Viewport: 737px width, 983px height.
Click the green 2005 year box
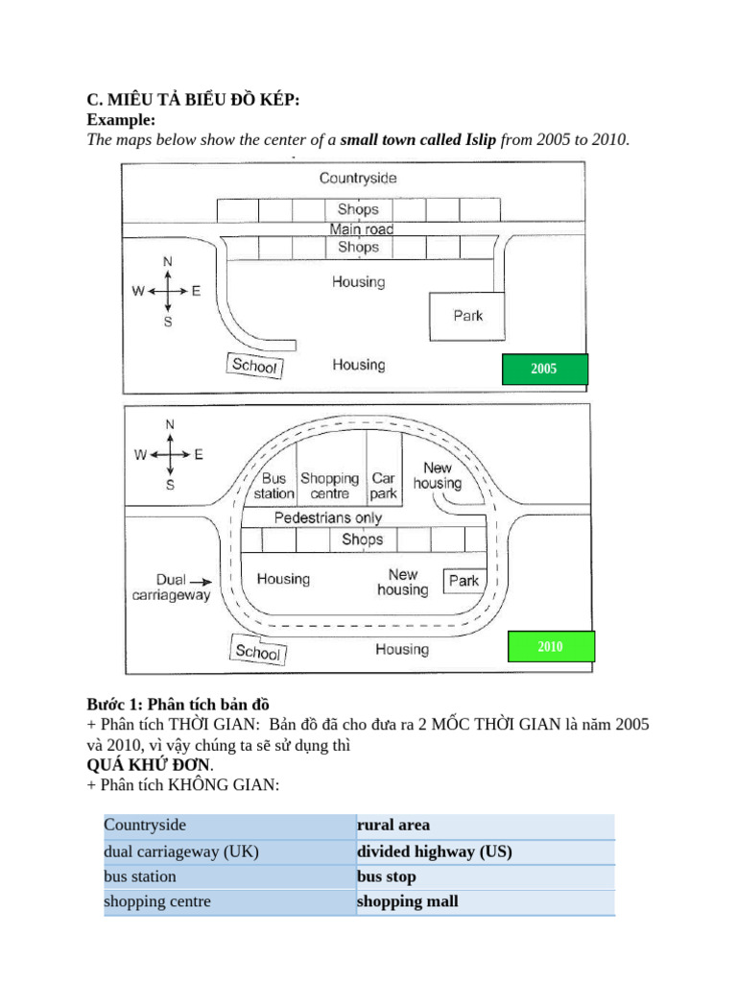click(545, 369)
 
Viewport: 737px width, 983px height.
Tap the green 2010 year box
click(551, 646)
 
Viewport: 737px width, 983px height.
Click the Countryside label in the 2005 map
click(358, 178)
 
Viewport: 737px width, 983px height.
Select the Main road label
click(362, 228)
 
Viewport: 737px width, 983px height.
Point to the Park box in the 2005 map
click(467, 316)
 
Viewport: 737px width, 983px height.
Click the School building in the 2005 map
click(254, 365)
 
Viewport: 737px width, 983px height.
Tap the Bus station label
click(273, 486)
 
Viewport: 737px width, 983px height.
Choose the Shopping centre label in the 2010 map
click(330, 486)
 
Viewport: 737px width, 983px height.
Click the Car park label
click(383, 486)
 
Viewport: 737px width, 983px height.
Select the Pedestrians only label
click(328, 517)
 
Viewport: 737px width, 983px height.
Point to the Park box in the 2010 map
click(464, 581)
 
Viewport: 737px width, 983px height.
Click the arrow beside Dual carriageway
click(201, 582)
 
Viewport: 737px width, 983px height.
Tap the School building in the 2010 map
click(257, 650)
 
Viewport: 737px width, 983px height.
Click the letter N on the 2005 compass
click(167, 261)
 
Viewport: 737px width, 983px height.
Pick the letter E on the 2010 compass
click(199, 454)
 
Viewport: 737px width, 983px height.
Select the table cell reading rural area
click(486, 827)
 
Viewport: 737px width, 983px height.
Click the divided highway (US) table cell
click(486, 852)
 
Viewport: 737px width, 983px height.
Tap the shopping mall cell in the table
click(486, 902)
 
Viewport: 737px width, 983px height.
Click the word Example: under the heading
click(121, 120)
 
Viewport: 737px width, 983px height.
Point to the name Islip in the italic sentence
click(481, 139)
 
